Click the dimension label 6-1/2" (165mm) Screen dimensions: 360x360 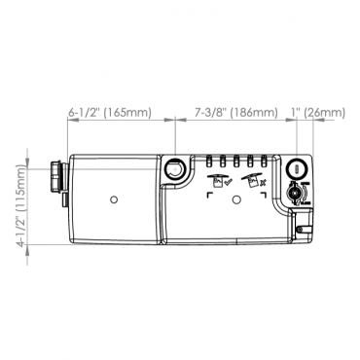point(110,113)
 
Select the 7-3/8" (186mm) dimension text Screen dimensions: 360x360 point(236,113)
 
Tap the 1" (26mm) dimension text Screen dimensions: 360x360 point(318,113)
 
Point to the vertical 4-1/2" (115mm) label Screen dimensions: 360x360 point(21,205)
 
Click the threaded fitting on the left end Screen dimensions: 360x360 point(58,177)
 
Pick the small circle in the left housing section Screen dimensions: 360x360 point(114,199)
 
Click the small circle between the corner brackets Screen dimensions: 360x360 point(237,198)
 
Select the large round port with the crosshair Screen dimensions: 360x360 point(175,168)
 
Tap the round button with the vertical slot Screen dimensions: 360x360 point(297,168)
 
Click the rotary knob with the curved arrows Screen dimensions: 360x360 point(296,194)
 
